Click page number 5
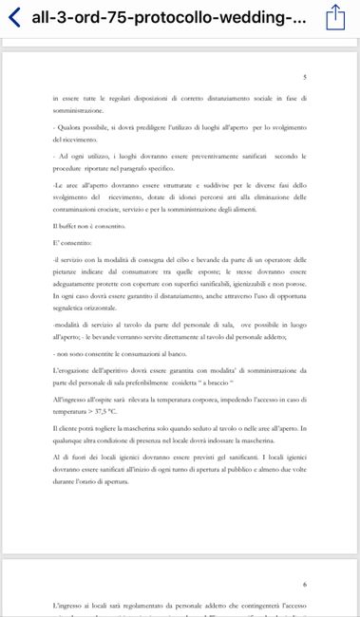tap(303, 77)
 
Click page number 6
tap(303, 586)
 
